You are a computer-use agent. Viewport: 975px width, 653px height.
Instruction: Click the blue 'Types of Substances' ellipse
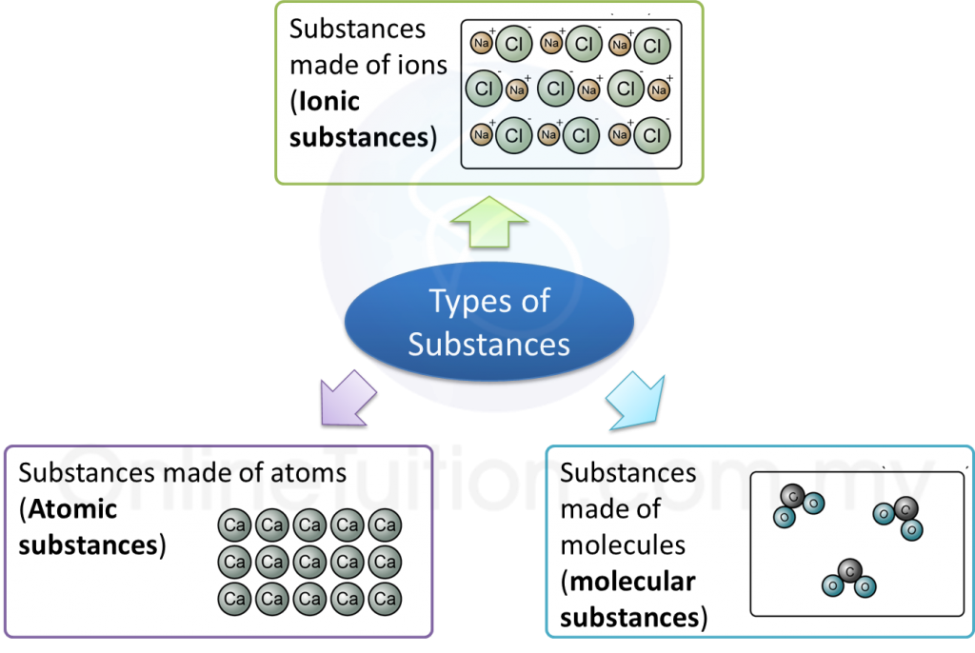(x=488, y=323)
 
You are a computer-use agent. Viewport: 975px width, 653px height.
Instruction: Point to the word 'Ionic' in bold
(x=329, y=102)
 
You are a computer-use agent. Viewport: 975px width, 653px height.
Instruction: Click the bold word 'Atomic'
(x=72, y=509)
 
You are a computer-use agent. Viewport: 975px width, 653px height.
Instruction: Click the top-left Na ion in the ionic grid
(x=481, y=44)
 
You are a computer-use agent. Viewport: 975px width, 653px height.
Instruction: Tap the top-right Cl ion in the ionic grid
(x=652, y=45)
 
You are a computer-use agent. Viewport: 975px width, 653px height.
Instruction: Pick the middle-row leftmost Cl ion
(x=484, y=89)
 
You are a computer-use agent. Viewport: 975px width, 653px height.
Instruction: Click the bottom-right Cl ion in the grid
(x=652, y=135)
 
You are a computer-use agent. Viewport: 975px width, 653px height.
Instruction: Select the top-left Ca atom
(x=234, y=525)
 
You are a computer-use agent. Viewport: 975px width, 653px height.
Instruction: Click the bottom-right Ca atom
(x=385, y=600)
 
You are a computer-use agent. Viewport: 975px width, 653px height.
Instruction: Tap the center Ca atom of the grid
(x=309, y=563)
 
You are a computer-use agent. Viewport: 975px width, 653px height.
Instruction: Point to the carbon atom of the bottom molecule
(x=848, y=570)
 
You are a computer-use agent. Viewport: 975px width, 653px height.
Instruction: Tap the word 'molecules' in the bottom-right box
(x=623, y=544)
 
